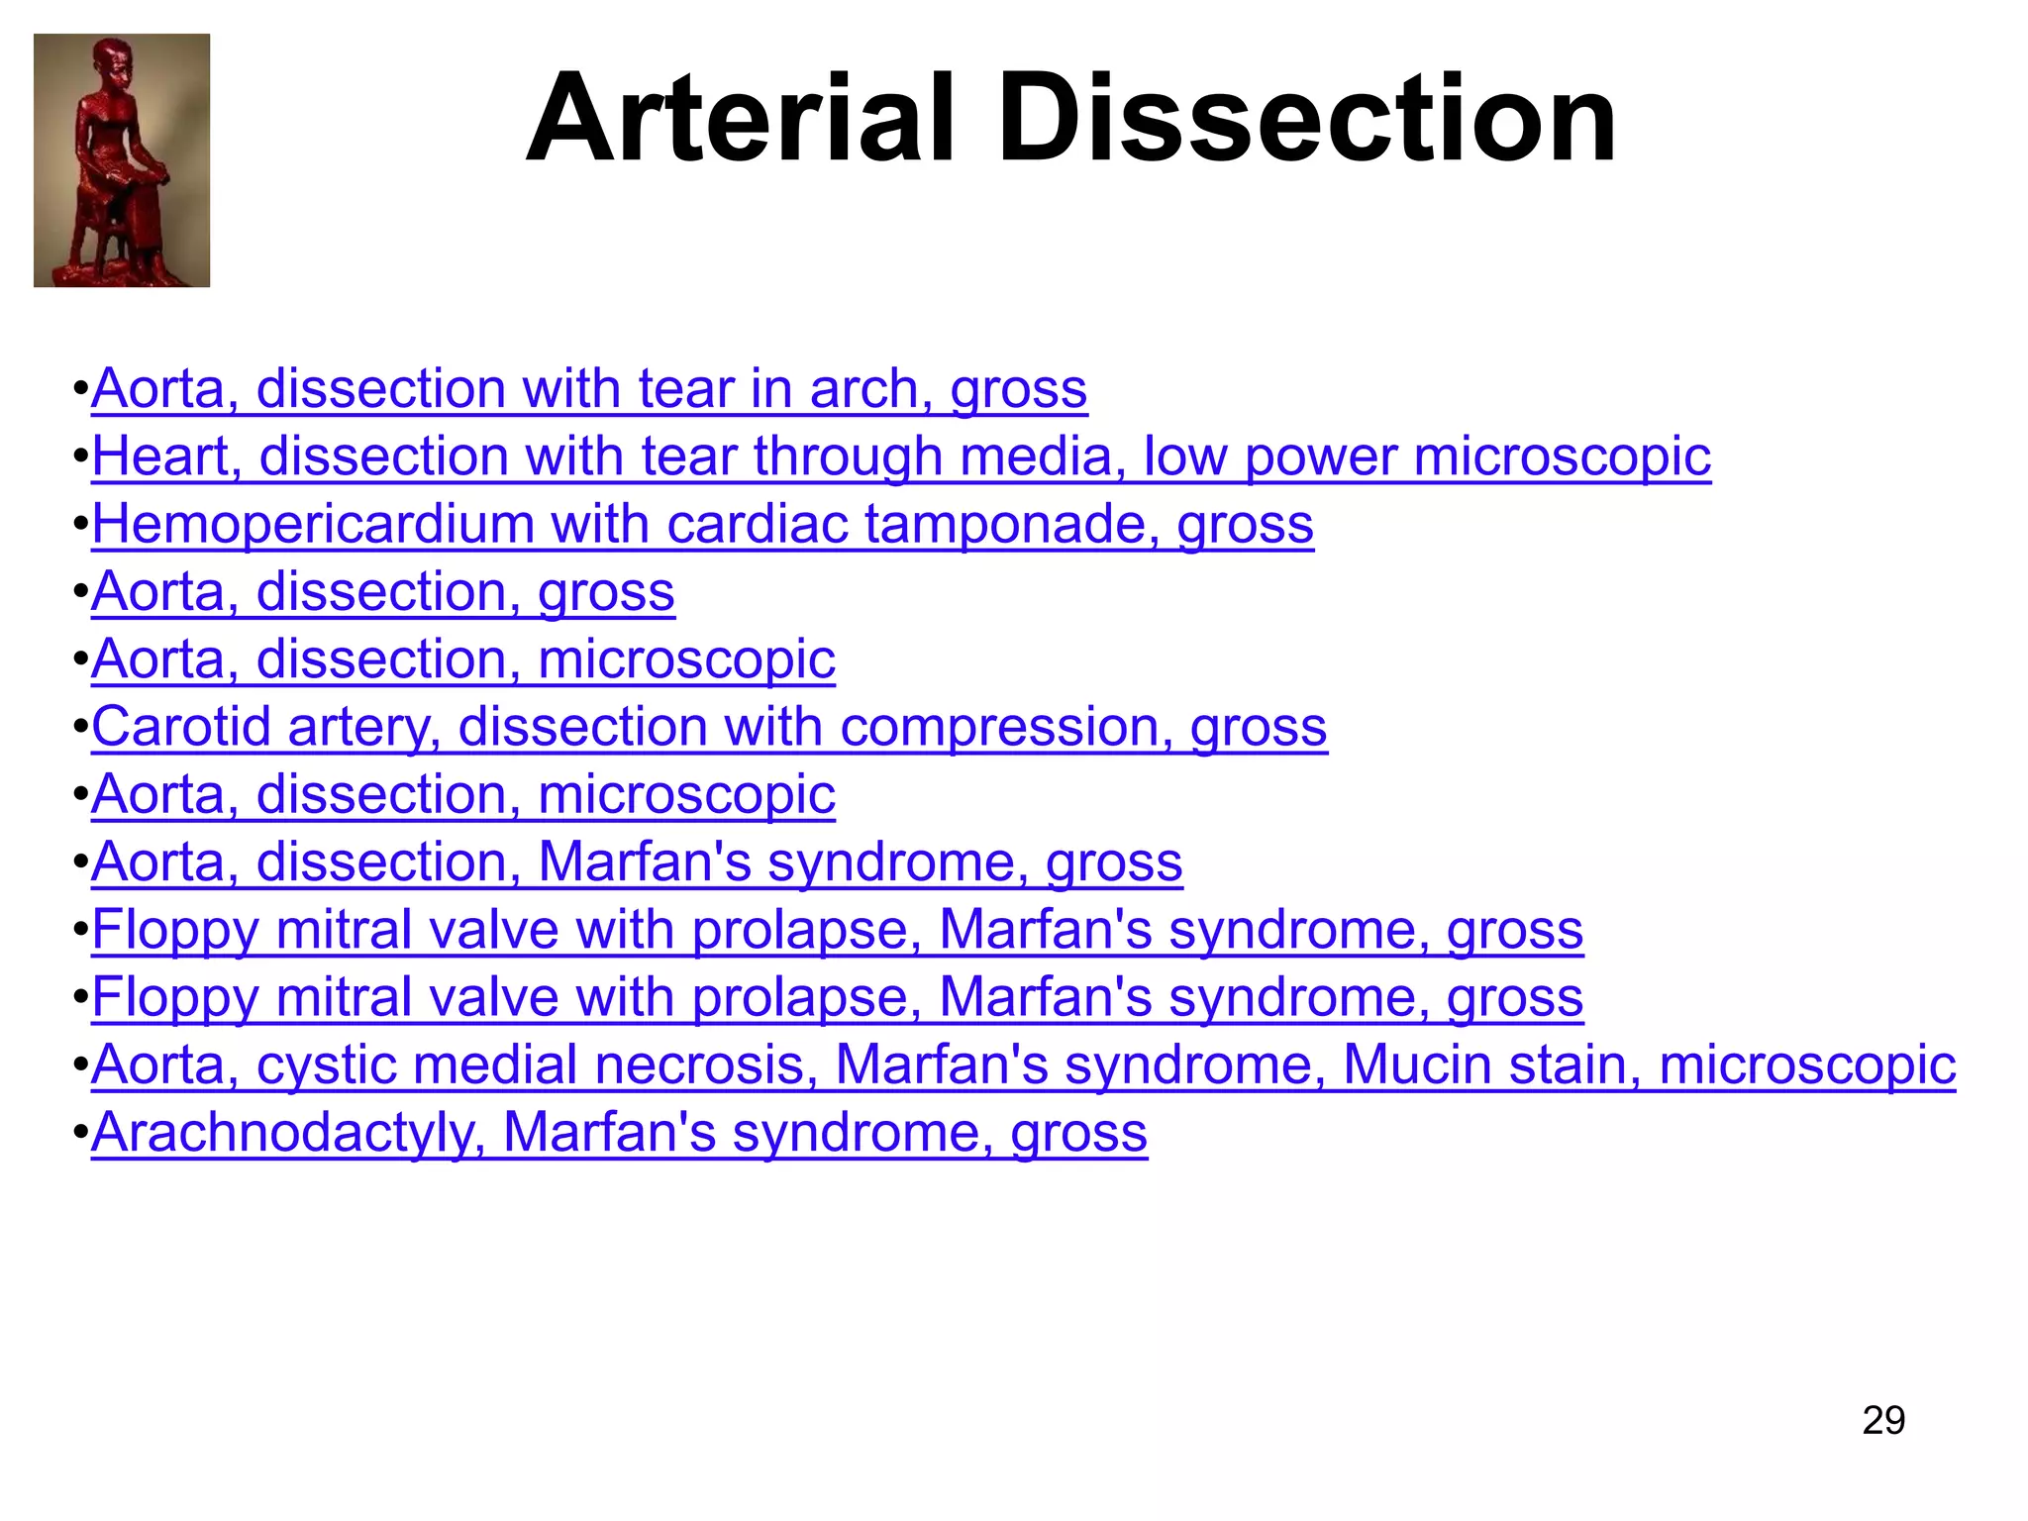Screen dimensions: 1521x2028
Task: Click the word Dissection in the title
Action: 1306,119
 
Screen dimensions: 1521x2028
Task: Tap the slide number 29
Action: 1882,1420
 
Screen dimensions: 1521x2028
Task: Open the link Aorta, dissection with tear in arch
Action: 589,388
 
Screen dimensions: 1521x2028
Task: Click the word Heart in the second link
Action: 166,456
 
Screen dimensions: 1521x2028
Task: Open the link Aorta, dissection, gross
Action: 383,591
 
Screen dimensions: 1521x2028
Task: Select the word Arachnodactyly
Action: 287,1132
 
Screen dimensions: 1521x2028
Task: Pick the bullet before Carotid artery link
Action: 80,728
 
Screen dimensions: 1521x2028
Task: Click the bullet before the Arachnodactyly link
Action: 80,1133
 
